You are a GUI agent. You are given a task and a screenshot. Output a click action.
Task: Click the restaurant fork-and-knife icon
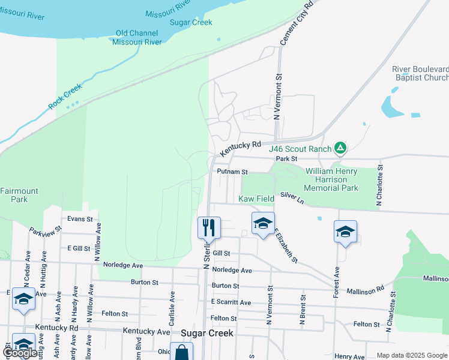click(x=209, y=227)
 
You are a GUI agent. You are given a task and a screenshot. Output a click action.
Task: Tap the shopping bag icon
click(x=181, y=352)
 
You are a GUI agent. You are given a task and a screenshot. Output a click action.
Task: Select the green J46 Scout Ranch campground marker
click(x=340, y=147)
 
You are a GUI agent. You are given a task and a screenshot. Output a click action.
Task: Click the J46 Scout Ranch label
click(x=300, y=149)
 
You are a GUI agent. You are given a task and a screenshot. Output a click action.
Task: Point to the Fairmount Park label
click(x=19, y=195)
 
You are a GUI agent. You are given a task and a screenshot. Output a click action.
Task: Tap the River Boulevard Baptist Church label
click(x=420, y=73)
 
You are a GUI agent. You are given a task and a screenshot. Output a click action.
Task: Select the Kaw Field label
click(x=256, y=199)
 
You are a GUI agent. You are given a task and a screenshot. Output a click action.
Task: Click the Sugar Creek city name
click(x=206, y=332)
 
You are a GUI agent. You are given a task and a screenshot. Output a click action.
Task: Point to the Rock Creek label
click(x=65, y=95)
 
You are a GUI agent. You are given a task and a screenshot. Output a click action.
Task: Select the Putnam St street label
click(x=228, y=172)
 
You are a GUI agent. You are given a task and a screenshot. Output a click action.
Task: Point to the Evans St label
click(x=80, y=219)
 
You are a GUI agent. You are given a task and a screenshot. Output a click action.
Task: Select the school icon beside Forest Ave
click(x=346, y=232)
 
